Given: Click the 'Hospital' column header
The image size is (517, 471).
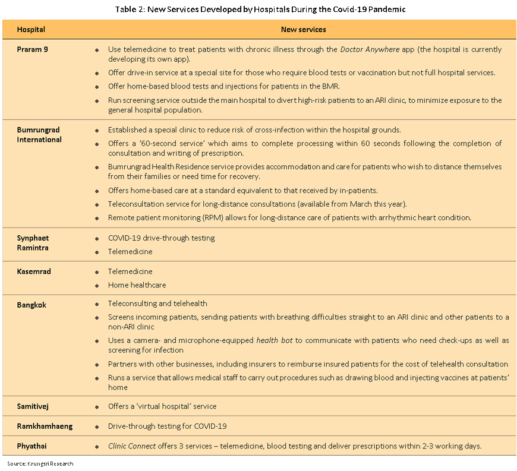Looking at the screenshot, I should [x=31, y=29].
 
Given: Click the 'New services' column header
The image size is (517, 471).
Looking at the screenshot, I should [x=303, y=29].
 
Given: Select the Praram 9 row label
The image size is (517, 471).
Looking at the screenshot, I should [x=32, y=49].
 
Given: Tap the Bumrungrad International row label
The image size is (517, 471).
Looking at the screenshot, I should [x=39, y=135].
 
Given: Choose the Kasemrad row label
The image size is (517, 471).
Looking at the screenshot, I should [x=34, y=271].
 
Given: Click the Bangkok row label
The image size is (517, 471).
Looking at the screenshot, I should [x=31, y=305].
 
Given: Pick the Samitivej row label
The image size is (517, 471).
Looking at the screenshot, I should [x=34, y=407].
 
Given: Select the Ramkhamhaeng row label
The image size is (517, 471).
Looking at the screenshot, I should [x=45, y=426].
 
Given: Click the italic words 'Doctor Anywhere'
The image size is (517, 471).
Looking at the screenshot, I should [x=370, y=49].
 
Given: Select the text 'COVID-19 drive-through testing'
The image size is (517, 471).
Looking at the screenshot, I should [x=161, y=238].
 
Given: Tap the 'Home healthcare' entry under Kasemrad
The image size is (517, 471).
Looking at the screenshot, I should [x=137, y=285].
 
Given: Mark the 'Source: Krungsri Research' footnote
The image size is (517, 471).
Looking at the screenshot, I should [x=40, y=463].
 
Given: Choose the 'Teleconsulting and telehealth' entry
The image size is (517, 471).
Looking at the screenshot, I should [x=157, y=304].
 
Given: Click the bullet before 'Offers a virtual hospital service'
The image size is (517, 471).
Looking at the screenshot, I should [x=97, y=407].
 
